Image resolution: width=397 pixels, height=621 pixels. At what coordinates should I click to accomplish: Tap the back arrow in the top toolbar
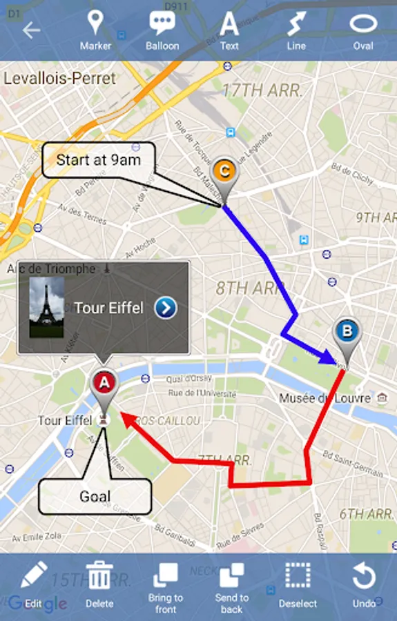(31, 30)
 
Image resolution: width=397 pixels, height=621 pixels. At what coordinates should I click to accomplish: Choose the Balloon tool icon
(162, 23)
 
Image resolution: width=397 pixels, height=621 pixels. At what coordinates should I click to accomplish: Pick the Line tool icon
(296, 23)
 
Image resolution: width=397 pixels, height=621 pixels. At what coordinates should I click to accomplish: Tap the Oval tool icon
(363, 23)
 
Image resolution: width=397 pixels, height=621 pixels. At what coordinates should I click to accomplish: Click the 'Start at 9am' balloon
(98, 161)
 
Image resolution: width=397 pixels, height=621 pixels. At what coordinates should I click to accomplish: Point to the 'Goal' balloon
(95, 496)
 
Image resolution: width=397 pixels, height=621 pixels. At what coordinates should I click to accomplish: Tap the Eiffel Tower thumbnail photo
(47, 307)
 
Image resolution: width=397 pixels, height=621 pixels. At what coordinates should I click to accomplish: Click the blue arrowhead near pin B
(327, 357)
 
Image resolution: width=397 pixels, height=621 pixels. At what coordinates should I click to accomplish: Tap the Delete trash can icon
(99, 575)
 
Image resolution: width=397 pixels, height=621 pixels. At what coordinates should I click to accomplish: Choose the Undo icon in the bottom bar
(364, 575)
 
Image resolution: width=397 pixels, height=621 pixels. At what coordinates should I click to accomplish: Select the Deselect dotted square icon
(298, 575)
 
